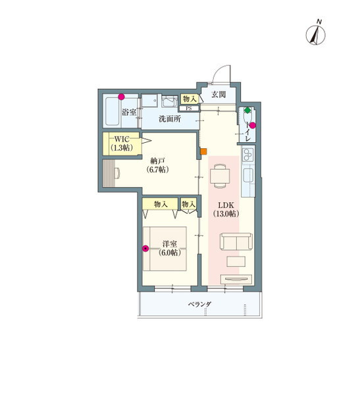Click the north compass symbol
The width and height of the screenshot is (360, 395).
click(x=315, y=35)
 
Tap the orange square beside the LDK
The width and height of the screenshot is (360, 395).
click(x=203, y=151)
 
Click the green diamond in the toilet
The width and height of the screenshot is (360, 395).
click(x=247, y=111)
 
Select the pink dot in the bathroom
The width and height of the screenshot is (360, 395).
click(x=122, y=97)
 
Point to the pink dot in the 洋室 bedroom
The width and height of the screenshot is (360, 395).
click(x=145, y=249)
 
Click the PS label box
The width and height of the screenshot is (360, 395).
click(x=189, y=109)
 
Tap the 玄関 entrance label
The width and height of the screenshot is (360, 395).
click(x=219, y=95)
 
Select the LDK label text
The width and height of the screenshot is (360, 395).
click(x=226, y=205)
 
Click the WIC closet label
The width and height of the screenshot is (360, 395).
click(x=122, y=139)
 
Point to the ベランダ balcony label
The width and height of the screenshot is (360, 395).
click(x=200, y=304)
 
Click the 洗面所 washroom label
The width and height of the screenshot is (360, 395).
click(x=170, y=118)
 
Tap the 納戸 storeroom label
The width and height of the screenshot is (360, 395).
click(x=157, y=161)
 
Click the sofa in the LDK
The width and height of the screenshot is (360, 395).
click(x=236, y=242)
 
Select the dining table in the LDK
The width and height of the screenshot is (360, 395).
click(x=220, y=176)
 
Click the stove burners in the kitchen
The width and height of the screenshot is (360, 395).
click(x=248, y=155)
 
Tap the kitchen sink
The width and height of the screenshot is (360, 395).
click(x=248, y=175)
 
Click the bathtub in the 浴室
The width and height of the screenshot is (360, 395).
click(x=113, y=111)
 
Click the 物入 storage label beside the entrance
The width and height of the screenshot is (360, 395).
click(x=190, y=99)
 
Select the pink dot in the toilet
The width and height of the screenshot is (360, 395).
click(x=253, y=125)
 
